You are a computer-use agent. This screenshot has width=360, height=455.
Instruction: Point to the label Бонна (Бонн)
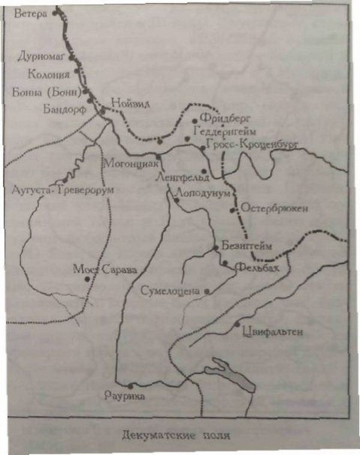coord(46,92)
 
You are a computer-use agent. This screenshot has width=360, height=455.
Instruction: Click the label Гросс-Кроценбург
coord(251,143)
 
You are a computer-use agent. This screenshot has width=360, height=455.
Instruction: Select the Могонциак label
coord(130,163)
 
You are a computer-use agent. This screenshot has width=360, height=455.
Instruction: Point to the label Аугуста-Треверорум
coord(62,190)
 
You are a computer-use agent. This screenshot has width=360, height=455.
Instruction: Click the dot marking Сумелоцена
coord(207,292)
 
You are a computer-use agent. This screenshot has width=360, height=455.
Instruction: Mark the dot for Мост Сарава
coord(88,279)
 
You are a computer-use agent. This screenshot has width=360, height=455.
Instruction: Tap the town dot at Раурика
coord(130,385)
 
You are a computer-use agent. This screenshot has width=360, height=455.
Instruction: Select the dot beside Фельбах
coord(224,263)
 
